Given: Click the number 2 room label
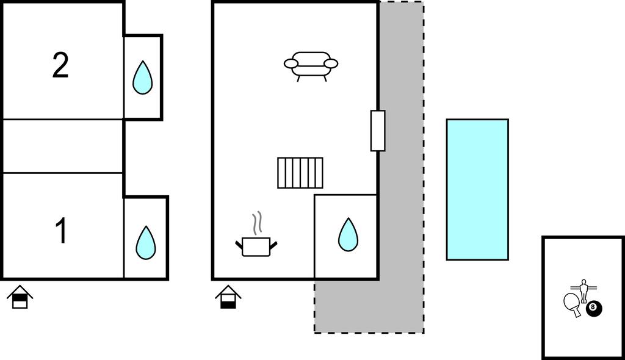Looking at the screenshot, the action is pyautogui.click(x=60, y=65).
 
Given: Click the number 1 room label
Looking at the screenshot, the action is pyautogui.click(x=61, y=231).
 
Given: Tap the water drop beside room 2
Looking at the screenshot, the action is pyautogui.click(x=142, y=77).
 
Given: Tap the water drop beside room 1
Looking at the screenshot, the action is pyautogui.click(x=145, y=243).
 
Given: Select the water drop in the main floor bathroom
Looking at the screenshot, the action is pyautogui.click(x=348, y=234).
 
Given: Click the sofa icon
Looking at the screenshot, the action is pyautogui.click(x=311, y=66).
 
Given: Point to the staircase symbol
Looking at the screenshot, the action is pyautogui.click(x=300, y=173).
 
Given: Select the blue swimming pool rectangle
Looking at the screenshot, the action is pyautogui.click(x=477, y=189).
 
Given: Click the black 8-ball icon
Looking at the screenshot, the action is pyautogui.click(x=593, y=308).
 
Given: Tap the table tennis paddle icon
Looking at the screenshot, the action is pyautogui.click(x=573, y=304).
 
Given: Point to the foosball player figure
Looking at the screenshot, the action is pyautogui.click(x=584, y=291).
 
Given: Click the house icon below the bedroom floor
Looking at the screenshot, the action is pyautogui.click(x=20, y=297).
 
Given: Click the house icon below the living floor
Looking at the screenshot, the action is pyautogui.click(x=228, y=297).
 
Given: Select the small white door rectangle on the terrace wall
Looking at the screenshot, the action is pyautogui.click(x=378, y=131).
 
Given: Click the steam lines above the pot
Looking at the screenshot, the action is pyautogui.click(x=258, y=223).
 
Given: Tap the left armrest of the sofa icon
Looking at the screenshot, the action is pyautogui.click(x=291, y=63).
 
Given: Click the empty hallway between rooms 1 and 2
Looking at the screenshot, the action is pyautogui.click(x=63, y=146).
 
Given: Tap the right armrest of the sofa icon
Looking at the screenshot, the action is pyautogui.click(x=331, y=63).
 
